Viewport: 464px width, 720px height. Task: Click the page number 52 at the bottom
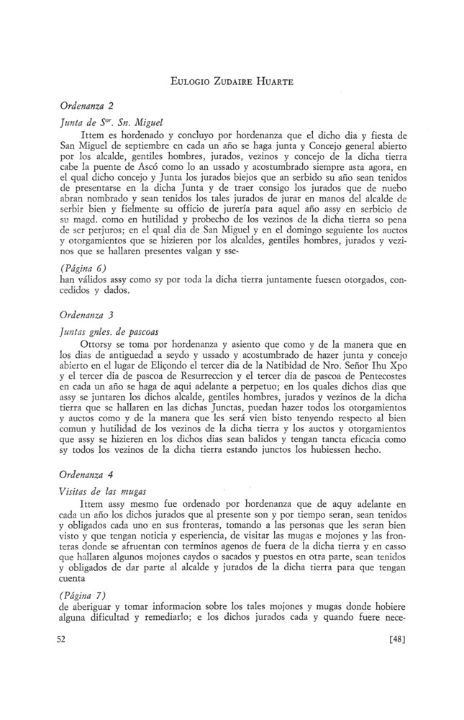(x=62, y=638)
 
